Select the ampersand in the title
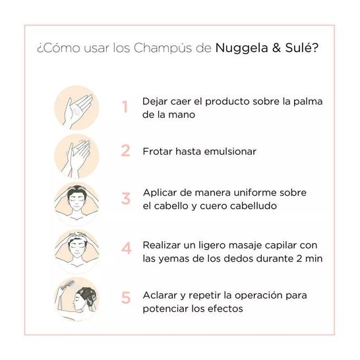pos(277,47)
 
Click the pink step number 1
pos(125,107)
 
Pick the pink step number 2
pos(125,150)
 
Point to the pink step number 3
pos(126,198)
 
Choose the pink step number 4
pos(126,248)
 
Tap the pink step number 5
pos(126,298)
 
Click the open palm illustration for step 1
pos(76,108)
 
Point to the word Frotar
pos(158,152)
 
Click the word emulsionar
pos(230,152)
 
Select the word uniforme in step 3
pos(255,193)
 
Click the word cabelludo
pos(253,206)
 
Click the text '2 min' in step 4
pos(309,258)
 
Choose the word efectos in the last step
pos(225,309)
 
